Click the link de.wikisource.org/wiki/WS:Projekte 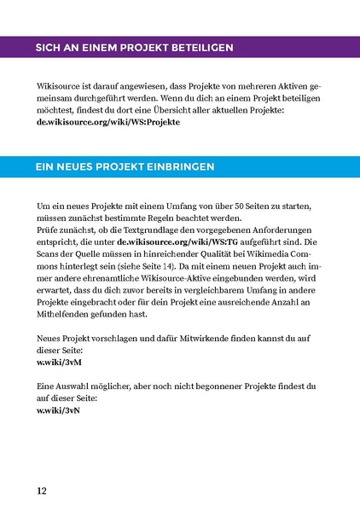[107, 123]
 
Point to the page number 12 [42, 491]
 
